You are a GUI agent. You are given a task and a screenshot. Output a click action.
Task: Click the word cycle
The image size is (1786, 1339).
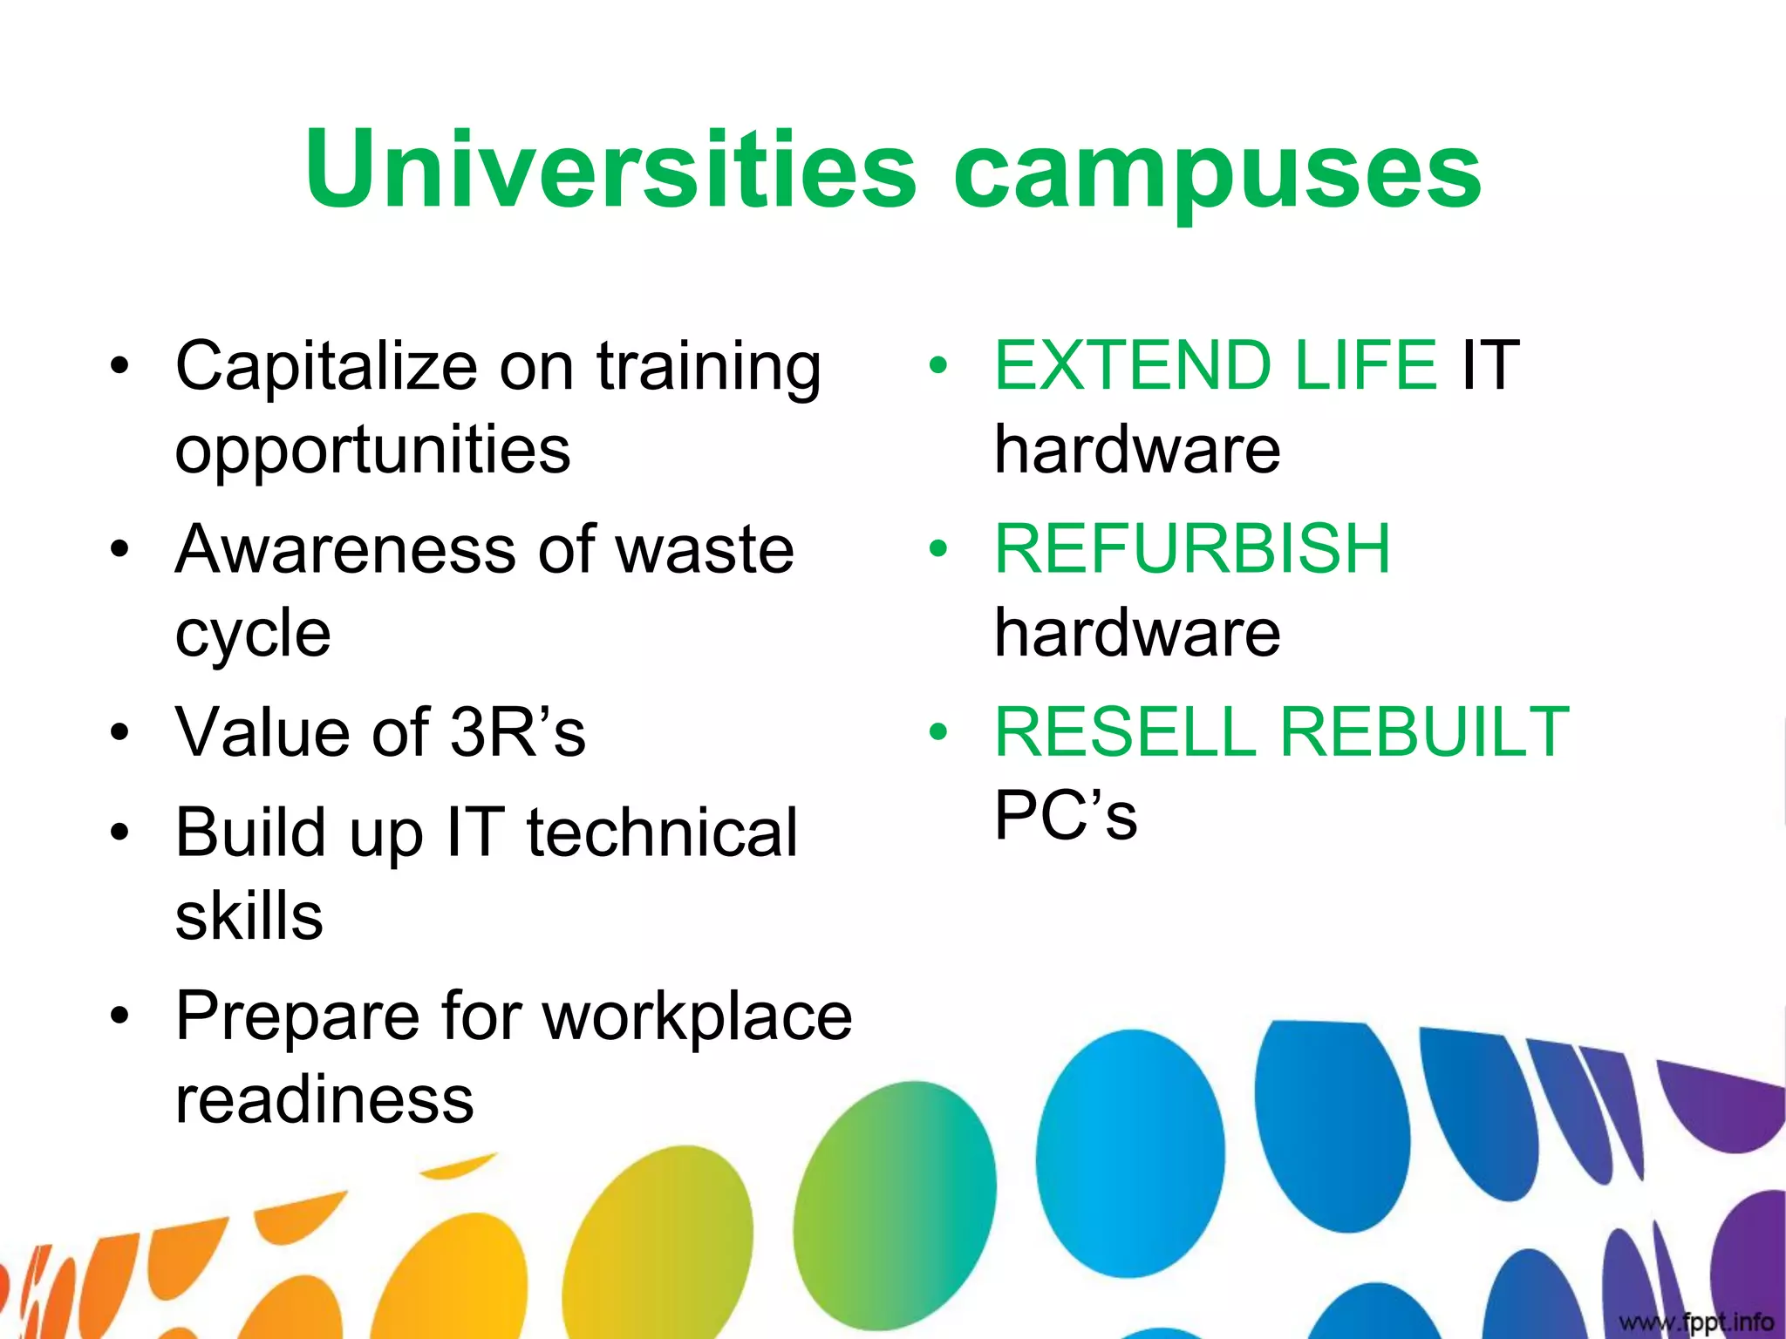click(x=253, y=635)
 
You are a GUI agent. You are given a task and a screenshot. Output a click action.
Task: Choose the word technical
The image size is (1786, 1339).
click(x=662, y=833)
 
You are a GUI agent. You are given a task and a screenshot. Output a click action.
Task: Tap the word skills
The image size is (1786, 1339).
click(x=249, y=916)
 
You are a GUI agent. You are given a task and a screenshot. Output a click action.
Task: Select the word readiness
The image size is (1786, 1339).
click(x=324, y=1100)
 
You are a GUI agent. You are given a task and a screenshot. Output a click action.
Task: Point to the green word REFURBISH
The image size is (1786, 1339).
click(x=1192, y=549)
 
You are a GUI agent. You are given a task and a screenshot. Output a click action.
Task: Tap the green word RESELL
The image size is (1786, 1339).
click(x=1125, y=732)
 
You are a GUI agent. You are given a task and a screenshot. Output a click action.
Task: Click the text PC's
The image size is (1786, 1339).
click(x=1066, y=816)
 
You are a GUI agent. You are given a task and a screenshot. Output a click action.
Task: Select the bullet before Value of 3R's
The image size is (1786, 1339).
click(x=119, y=733)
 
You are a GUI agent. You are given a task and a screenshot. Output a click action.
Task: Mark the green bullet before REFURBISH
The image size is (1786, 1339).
click(x=937, y=549)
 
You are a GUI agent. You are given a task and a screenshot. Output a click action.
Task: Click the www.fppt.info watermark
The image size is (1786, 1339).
click(x=1695, y=1322)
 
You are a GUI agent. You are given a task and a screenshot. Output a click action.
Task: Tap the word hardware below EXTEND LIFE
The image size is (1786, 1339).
click(x=1137, y=451)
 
